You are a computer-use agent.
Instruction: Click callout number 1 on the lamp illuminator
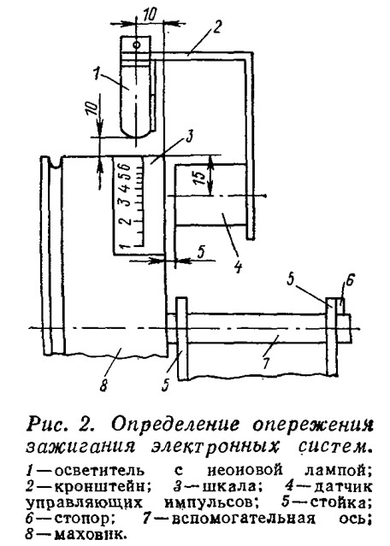click(x=97, y=74)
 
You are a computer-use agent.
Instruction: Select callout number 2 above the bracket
click(x=217, y=26)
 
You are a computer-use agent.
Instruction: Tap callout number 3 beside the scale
click(x=188, y=137)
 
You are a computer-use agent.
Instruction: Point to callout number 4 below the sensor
click(x=238, y=266)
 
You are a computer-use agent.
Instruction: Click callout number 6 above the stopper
click(x=350, y=279)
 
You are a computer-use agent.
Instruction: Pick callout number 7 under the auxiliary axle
click(x=266, y=362)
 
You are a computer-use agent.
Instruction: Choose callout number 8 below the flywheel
click(x=103, y=385)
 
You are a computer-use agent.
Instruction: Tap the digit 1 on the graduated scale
click(x=126, y=247)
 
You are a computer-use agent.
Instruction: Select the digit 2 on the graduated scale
click(x=127, y=220)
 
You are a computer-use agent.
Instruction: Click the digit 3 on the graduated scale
click(x=127, y=200)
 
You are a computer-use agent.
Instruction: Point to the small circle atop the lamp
click(x=138, y=44)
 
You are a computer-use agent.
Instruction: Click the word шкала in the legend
click(x=229, y=486)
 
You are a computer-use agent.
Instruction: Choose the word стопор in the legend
click(x=84, y=520)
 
